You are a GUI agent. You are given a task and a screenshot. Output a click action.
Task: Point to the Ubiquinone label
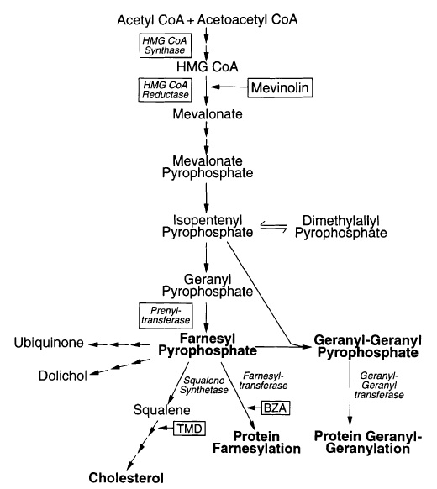point(47,344)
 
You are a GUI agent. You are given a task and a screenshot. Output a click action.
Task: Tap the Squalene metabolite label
point(158,411)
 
